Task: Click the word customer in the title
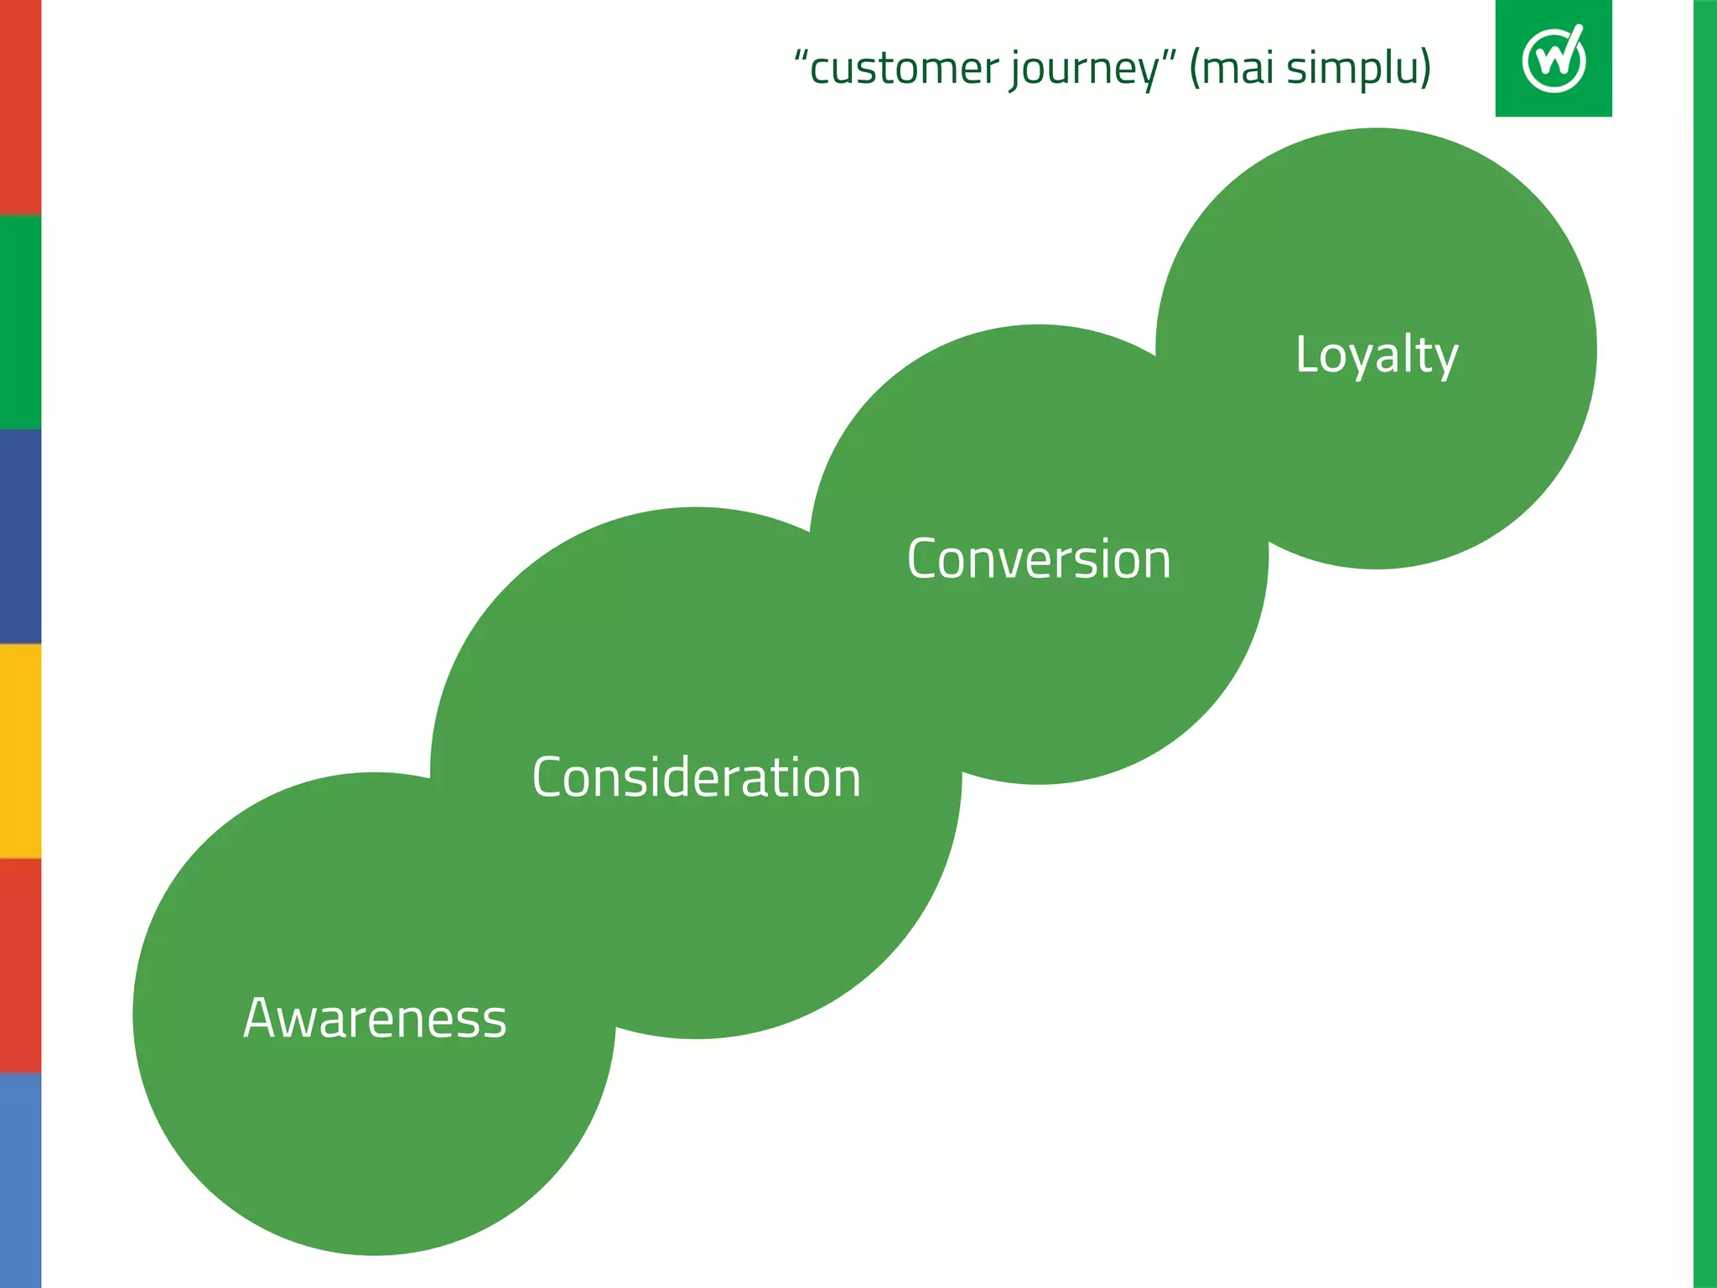point(904,69)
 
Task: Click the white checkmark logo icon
point(1554,58)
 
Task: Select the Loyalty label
point(1377,355)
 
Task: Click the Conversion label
point(1038,559)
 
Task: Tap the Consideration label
point(696,777)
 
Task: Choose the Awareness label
point(375,1019)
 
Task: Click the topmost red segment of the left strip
point(20,107)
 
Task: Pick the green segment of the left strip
point(20,322)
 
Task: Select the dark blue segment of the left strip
point(20,537)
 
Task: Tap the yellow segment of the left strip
point(20,751)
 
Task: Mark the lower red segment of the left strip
point(20,966)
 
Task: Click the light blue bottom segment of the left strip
point(20,1181)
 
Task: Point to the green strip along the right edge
point(1704,644)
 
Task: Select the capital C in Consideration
point(550,776)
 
